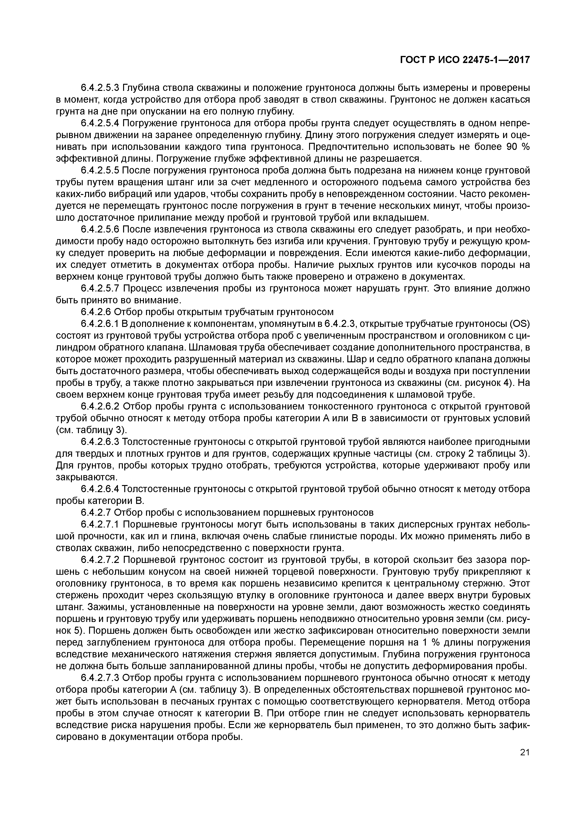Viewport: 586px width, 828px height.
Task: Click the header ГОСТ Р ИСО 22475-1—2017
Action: click(x=465, y=60)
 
